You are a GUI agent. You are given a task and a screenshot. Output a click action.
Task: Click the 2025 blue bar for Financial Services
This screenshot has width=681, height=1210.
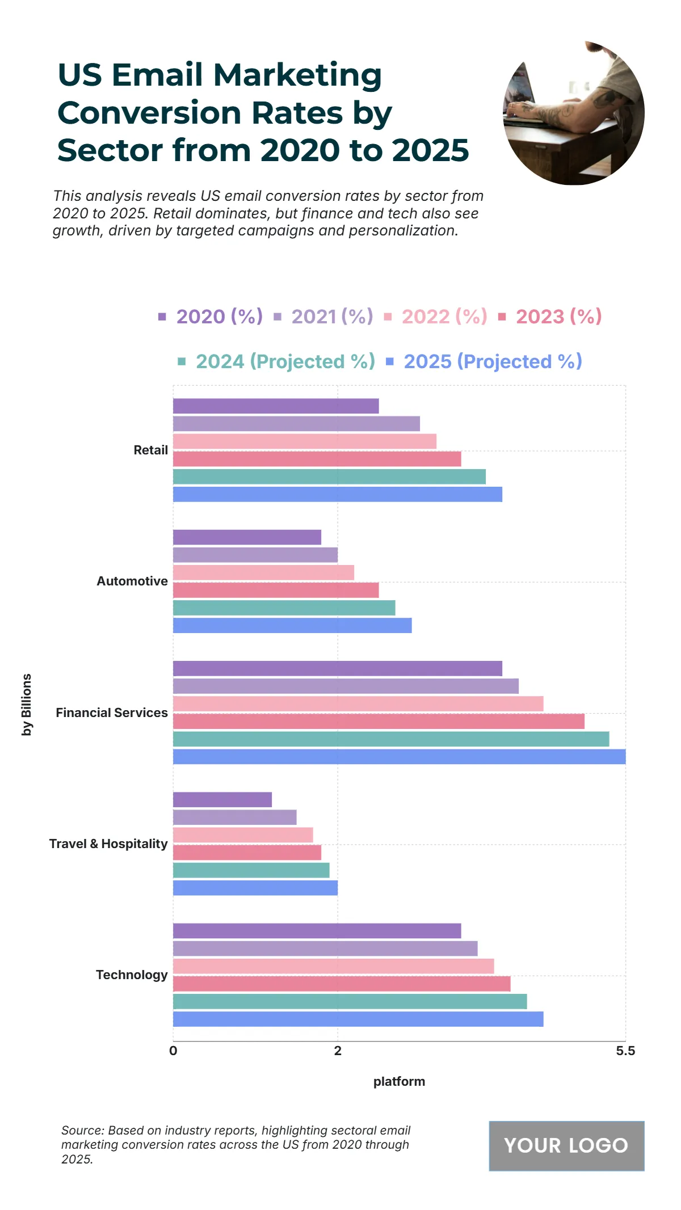point(399,757)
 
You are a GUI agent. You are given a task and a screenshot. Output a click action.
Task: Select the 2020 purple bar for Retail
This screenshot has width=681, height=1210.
point(276,406)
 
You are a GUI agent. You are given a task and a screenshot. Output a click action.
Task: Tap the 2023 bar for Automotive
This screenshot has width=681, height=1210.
point(276,590)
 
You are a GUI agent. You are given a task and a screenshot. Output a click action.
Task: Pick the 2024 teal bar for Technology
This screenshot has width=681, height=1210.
point(350,1001)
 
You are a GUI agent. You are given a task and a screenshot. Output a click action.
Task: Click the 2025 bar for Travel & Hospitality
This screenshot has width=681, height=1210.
point(255,888)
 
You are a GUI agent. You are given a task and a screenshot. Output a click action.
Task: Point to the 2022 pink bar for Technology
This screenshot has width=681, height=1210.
point(333,966)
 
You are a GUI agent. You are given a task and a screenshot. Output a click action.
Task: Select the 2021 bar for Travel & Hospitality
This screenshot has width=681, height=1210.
point(234,817)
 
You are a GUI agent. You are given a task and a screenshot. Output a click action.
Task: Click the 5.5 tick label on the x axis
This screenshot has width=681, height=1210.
point(625,1051)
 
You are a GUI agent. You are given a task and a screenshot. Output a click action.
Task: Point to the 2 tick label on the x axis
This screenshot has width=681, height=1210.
point(338,1051)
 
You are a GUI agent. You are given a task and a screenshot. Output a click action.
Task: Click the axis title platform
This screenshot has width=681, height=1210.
point(399,1082)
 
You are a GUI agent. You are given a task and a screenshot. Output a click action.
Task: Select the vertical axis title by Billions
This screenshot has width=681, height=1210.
point(27,705)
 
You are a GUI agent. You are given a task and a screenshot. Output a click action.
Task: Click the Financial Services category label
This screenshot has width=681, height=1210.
point(112,713)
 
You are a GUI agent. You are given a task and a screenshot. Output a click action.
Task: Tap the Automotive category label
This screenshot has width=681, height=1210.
point(132,581)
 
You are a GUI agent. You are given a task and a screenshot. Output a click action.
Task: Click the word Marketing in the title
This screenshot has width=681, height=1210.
point(297,75)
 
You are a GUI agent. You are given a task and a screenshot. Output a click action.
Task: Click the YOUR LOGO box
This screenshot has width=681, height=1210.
point(566,1145)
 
